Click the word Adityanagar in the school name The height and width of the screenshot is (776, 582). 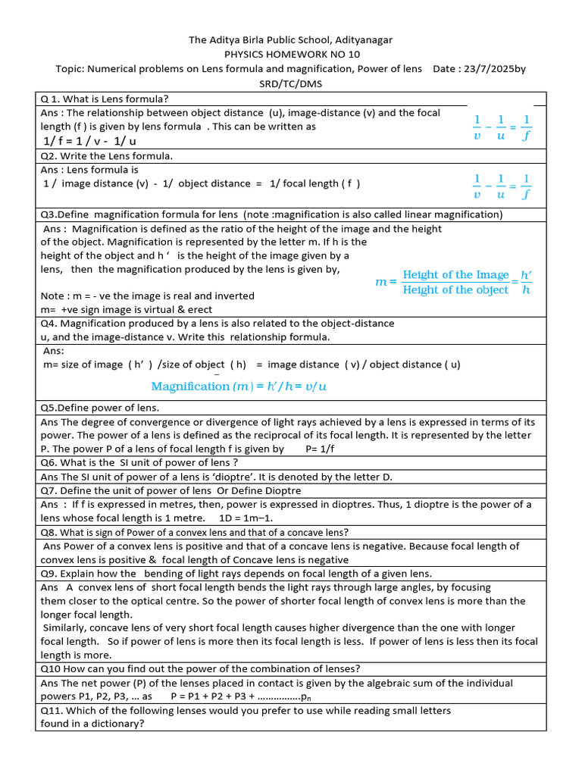tap(356, 39)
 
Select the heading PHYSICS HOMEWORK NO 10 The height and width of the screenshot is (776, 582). tap(292, 54)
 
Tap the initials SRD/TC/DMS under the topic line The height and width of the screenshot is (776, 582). tap(291, 83)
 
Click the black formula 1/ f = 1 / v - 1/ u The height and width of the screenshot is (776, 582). tap(90, 141)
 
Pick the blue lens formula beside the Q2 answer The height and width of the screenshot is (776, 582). tap(502, 186)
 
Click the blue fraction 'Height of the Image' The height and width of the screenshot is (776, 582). tap(455, 275)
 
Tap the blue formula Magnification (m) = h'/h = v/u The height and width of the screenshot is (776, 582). tap(239, 386)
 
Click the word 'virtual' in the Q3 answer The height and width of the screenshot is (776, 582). tap(144, 309)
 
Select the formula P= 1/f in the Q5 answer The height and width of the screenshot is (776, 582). tap(321, 449)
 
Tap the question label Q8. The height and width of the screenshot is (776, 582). tap(48, 532)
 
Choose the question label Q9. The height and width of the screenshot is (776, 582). tap(49, 574)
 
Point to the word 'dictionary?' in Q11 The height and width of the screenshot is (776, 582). tap(117, 724)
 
